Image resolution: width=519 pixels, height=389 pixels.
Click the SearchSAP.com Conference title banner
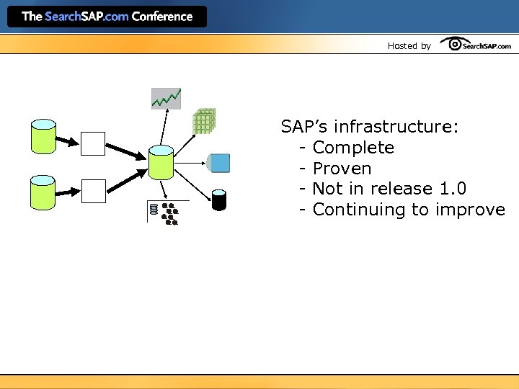pos(107,17)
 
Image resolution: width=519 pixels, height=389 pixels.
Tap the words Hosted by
pos(409,46)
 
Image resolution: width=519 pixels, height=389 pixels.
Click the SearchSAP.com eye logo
pos(476,45)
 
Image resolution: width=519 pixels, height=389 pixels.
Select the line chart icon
pos(166,98)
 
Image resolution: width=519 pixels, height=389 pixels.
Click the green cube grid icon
pos(204,121)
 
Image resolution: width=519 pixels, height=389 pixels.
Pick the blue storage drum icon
pos(218,163)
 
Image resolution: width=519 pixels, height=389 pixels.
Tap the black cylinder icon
pos(219,200)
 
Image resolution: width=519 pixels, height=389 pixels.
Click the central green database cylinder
pos(161,162)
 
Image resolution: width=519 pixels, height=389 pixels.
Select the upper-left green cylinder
pos(43,136)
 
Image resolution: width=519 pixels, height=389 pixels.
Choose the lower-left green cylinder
pos(43,193)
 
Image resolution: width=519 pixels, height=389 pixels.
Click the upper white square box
pos(93,143)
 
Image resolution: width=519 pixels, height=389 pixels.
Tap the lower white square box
pos(93,190)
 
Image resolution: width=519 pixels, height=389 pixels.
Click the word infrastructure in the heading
pos(396,128)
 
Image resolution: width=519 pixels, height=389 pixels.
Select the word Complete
pos(353,148)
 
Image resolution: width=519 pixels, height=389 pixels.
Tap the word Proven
pos(342,169)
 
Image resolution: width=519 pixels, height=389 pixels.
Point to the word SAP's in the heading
pos(305,128)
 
